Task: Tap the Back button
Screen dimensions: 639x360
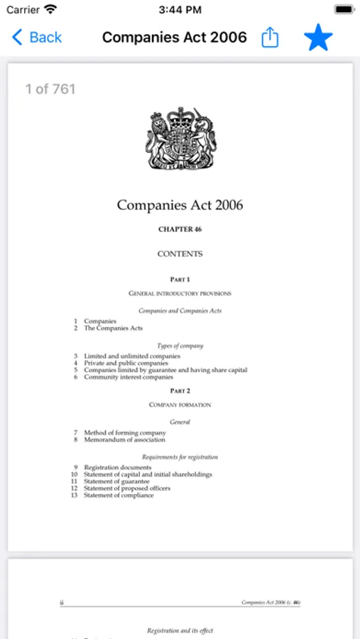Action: click(37, 38)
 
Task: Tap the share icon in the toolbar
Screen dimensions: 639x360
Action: click(270, 38)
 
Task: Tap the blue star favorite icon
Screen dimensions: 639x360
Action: click(318, 38)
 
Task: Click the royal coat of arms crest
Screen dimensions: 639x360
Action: click(180, 138)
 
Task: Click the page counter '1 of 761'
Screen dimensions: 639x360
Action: click(50, 89)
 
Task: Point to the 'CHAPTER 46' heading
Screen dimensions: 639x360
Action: click(180, 229)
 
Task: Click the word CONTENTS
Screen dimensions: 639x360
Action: click(180, 253)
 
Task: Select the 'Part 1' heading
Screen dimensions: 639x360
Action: click(180, 280)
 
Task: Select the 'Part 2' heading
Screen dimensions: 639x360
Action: click(180, 390)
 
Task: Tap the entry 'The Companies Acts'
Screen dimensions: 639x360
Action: click(114, 328)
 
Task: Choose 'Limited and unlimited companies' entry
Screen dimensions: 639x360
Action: click(132, 356)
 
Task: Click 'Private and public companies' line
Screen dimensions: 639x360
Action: click(126, 363)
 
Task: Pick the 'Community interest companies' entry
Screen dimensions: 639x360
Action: click(129, 377)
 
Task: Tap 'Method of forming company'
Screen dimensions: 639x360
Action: click(125, 432)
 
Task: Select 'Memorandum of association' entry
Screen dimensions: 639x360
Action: click(124, 439)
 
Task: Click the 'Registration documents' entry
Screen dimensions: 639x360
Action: click(118, 467)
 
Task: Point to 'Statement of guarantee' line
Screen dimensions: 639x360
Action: click(116, 481)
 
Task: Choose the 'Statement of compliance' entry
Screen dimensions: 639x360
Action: click(119, 495)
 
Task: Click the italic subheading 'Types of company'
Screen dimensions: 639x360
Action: click(180, 346)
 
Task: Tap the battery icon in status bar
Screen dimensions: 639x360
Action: click(344, 10)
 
